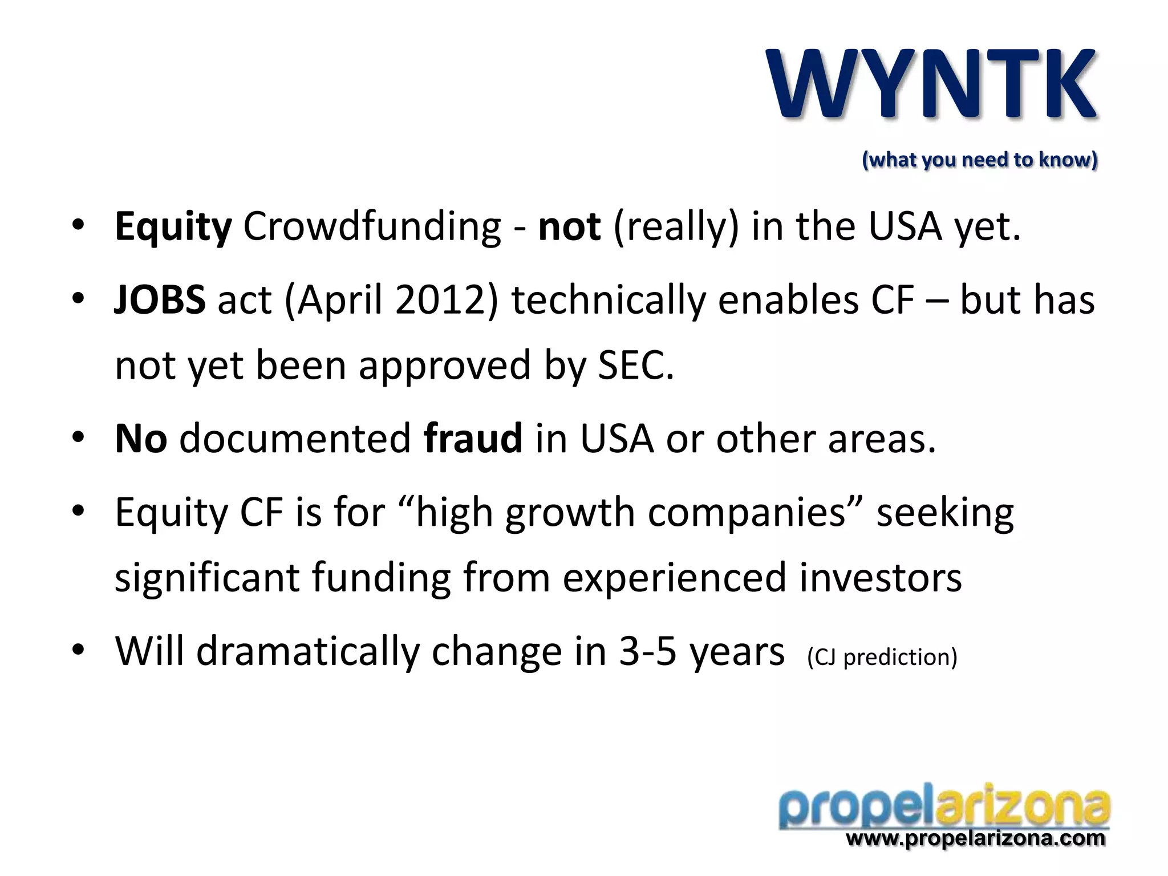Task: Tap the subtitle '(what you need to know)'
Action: (979, 160)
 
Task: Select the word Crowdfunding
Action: (372, 227)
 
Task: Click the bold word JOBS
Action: (160, 300)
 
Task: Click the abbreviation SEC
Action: (635, 365)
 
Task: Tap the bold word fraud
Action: (473, 439)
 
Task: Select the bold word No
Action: (141, 439)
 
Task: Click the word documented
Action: (295, 439)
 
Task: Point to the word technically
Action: (609, 300)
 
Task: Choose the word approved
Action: (445, 366)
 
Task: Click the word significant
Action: (207, 578)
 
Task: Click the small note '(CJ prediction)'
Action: (882, 657)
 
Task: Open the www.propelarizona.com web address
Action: (975, 838)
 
